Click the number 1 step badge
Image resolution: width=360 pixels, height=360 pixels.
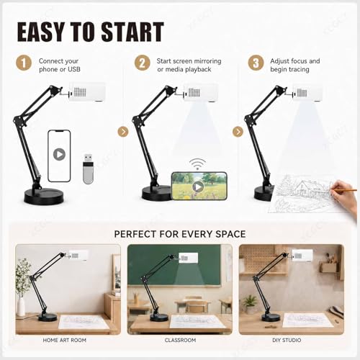click(x=24, y=63)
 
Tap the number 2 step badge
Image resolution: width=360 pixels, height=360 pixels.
click(x=142, y=63)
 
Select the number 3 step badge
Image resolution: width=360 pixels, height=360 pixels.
click(x=256, y=63)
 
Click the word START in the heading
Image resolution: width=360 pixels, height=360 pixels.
click(x=132, y=32)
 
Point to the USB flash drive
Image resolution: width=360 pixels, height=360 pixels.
click(x=88, y=168)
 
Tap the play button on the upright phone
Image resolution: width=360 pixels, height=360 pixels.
click(x=59, y=154)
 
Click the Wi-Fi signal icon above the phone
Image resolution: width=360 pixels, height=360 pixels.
click(x=197, y=163)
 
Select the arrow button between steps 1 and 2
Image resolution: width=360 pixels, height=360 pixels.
click(x=123, y=132)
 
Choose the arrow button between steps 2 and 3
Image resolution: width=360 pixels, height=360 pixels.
click(x=238, y=132)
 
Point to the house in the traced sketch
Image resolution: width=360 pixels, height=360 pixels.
click(x=310, y=189)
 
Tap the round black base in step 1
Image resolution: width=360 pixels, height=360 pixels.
click(x=44, y=197)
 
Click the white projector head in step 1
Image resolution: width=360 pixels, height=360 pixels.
click(x=87, y=91)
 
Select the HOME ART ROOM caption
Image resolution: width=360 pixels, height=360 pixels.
click(x=64, y=340)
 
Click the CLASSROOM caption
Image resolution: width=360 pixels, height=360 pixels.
click(x=180, y=340)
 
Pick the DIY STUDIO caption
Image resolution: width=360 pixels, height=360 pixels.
click(x=287, y=340)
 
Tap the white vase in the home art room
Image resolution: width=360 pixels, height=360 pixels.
click(x=21, y=306)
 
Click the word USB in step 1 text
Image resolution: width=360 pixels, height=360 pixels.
click(x=74, y=69)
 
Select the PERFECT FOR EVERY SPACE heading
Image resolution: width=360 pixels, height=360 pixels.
click(x=180, y=234)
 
